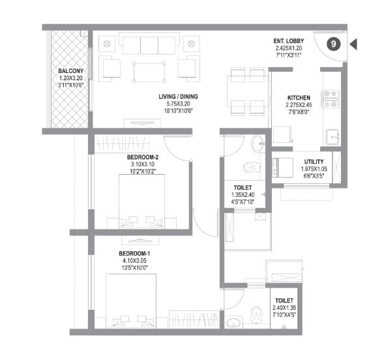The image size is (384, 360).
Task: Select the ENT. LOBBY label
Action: point(289,41)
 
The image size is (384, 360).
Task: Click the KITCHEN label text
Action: point(299,98)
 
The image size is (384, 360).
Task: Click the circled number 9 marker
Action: point(333,44)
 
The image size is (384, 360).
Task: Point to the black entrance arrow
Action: point(354,44)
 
